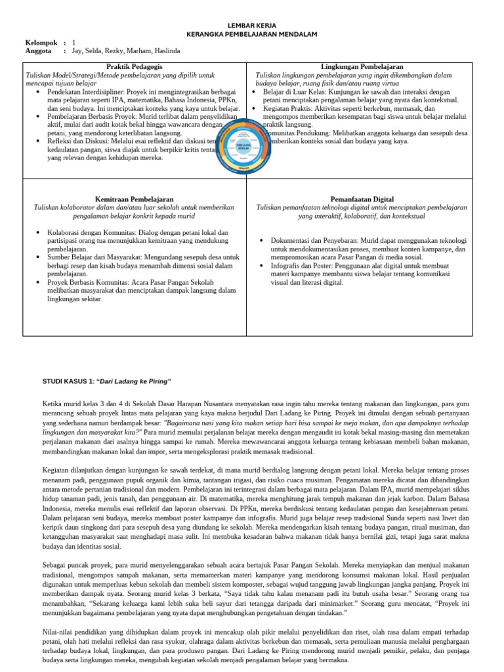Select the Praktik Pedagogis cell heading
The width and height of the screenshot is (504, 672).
click(x=135, y=67)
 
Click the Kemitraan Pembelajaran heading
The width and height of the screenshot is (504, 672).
click(x=135, y=198)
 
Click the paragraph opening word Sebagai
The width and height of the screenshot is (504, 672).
click(x=57, y=564)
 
